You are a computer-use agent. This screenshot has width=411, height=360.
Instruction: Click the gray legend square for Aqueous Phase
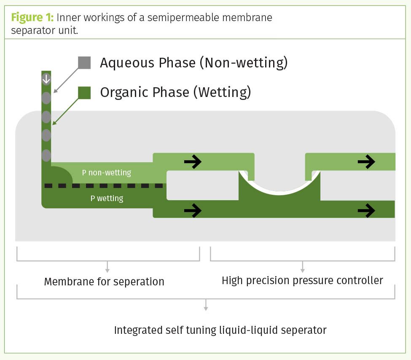tap(84, 62)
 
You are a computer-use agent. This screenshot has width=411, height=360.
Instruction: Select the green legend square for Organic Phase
tap(84, 92)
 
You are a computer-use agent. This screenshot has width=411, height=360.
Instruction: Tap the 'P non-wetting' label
tap(107, 172)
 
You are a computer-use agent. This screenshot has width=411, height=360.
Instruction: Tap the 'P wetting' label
tap(107, 198)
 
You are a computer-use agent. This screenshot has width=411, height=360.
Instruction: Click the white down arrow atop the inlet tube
tap(46, 78)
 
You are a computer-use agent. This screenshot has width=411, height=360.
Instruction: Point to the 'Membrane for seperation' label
tap(104, 282)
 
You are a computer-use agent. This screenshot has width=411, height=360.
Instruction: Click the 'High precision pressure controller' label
tap(302, 280)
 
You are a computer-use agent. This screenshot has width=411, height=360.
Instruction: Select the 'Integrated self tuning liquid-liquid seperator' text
tap(220, 330)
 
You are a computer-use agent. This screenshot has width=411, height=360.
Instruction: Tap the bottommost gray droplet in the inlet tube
tap(46, 155)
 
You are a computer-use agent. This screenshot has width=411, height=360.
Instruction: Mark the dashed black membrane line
tap(104, 185)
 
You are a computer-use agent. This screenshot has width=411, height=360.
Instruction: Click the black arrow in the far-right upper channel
tap(366, 161)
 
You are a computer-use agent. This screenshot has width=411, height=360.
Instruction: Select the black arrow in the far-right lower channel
tap(366, 210)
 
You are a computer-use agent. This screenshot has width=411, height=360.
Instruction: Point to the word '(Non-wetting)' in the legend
tap(244, 63)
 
